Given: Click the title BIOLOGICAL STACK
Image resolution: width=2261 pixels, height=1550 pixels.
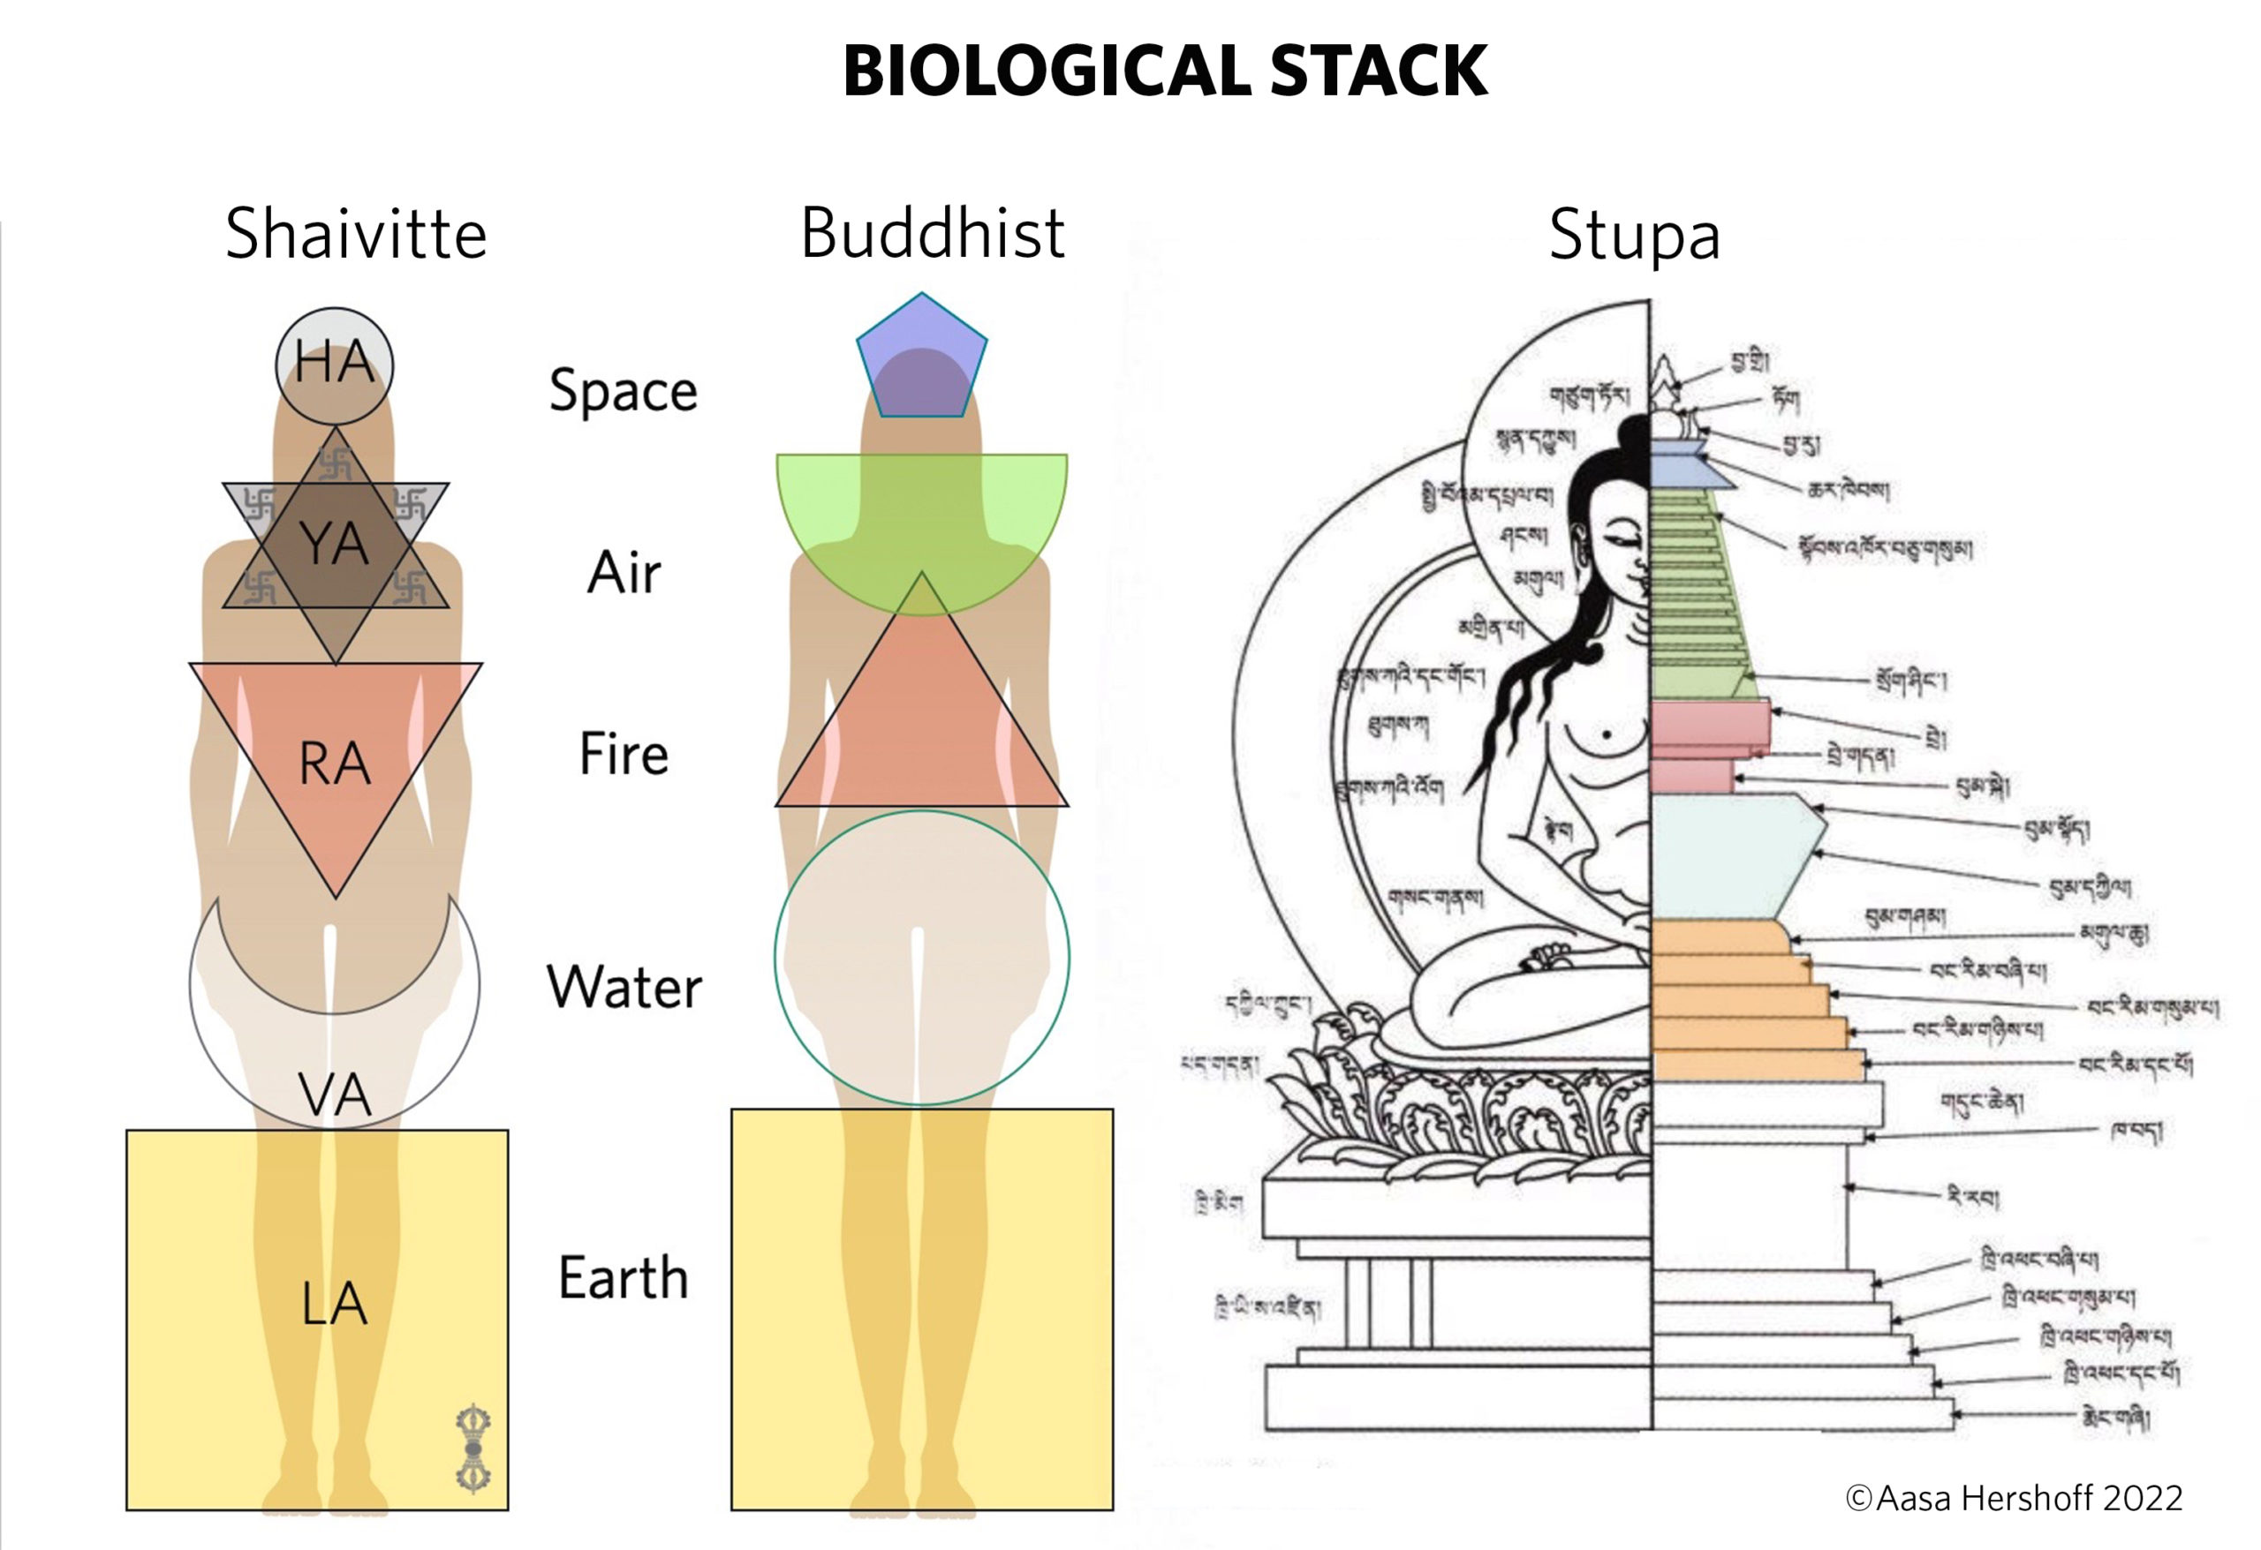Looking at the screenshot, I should coord(1165,71).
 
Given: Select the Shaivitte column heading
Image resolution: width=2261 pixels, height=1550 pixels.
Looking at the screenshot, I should coord(355,234).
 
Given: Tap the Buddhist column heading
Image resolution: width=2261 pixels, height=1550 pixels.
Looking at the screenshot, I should coord(932,233).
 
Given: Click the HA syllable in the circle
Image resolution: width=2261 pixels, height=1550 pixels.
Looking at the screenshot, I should coord(334,363).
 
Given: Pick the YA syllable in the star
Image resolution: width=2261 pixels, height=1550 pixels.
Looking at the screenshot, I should coord(334,544).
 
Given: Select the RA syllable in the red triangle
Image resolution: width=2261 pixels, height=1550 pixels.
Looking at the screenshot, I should coord(334,764).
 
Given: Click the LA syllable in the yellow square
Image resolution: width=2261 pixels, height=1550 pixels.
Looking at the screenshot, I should coord(334,1304).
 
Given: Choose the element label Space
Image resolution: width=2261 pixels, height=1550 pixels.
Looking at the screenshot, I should coord(623,391).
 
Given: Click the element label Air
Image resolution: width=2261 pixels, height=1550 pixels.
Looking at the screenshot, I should coord(623,573).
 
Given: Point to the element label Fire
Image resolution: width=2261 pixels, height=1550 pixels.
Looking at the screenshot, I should coord(623,755).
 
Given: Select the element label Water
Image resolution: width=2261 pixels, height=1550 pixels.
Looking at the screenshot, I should coord(623,988).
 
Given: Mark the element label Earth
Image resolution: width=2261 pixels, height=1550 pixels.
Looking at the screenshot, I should coord(623,1279).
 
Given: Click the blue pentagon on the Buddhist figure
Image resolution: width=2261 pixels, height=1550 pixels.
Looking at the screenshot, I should coord(921,360).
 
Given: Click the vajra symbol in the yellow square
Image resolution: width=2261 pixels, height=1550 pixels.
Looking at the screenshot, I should coord(473,1448).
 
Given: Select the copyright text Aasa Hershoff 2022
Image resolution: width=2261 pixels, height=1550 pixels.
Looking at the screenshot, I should coord(2014,1499).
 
